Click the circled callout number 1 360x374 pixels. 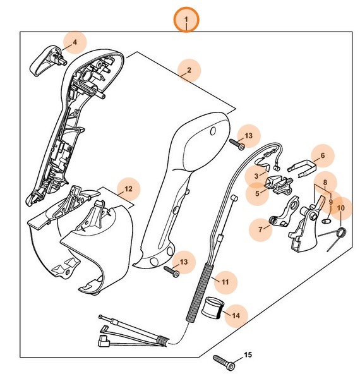pos(186,21)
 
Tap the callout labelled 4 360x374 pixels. pos(75,42)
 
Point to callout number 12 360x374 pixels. pos(128,188)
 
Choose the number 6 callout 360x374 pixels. pos(323,155)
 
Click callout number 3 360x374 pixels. pos(257,176)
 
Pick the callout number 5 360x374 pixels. pos(258,193)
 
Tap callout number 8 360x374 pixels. pos(325,184)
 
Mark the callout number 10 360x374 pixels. pos(341,207)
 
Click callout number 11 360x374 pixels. pos(225,278)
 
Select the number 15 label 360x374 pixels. pos(248,354)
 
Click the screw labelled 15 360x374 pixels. pos(225,363)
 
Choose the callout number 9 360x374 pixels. pos(330,203)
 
